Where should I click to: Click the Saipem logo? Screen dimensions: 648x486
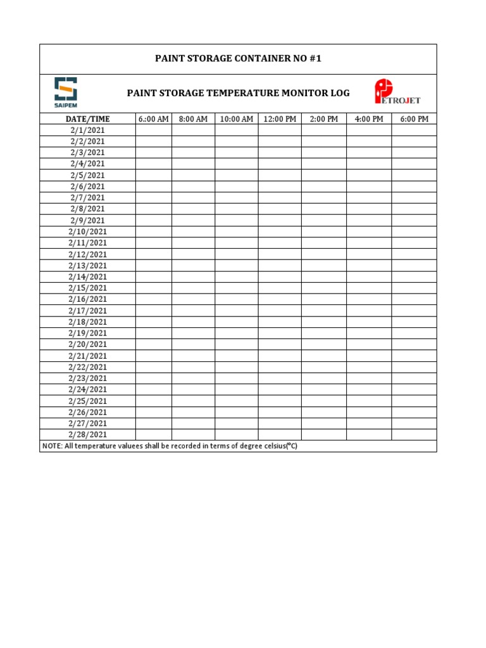pyautogui.click(x=66, y=92)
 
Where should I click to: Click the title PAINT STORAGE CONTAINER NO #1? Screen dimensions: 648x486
pyautogui.click(x=238, y=59)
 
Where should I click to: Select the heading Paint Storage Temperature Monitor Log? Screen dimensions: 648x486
pyautogui.click(x=238, y=93)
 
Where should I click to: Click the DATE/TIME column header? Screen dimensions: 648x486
pyautogui.click(x=87, y=119)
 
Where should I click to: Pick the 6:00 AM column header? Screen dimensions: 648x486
pyautogui.click(x=153, y=119)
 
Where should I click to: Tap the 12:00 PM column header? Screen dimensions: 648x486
pyautogui.click(x=279, y=119)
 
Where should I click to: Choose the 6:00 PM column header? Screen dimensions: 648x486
pyautogui.click(x=414, y=119)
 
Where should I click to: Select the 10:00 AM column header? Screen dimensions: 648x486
pyautogui.click(x=236, y=119)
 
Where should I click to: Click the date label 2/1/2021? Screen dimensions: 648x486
pyautogui.click(x=87, y=130)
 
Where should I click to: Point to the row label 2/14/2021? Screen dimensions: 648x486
pyautogui.click(x=87, y=277)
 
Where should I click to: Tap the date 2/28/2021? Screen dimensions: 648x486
pyautogui.click(x=87, y=435)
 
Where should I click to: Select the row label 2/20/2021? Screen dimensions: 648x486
pyautogui.click(x=87, y=344)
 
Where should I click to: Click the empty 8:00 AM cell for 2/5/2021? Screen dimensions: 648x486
pyautogui.click(x=193, y=175)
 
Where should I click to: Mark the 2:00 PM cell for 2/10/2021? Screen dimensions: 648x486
pyautogui.click(x=323, y=232)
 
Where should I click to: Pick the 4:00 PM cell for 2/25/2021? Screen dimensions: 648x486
pyautogui.click(x=368, y=401)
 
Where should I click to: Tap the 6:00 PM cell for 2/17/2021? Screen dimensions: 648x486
pyautogui.click(x=414, y=311)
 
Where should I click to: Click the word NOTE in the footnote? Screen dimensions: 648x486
pyautogui.click(x=52, y=446)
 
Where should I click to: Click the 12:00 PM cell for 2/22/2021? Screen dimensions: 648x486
pyautogui.click(x=279, y=367)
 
